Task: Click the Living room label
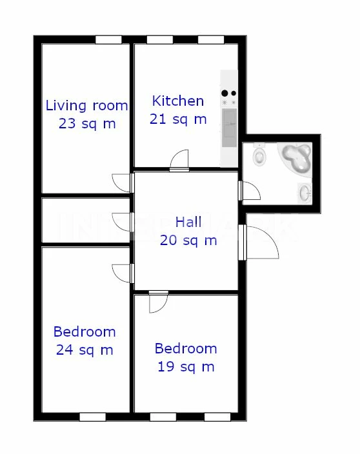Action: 86,106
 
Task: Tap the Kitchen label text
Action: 178,101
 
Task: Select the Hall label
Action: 188,222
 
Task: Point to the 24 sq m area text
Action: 85,350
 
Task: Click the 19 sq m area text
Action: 186,367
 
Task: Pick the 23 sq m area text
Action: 87,124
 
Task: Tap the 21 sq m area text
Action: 178,119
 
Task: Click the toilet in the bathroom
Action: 259,155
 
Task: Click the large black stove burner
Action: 225,94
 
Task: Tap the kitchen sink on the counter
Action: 230,128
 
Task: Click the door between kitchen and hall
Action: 179,161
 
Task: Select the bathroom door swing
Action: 250,190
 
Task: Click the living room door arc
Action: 123,183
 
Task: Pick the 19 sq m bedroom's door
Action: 159,302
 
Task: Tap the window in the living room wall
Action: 108,40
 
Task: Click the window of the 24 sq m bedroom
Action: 93,417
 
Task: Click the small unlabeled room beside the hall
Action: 86,220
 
